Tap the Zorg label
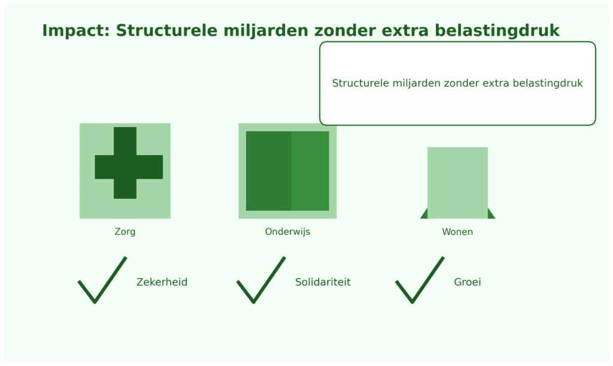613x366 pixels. coord(125,231)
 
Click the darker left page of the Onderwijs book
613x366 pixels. coord(269,171)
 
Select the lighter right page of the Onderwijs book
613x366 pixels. coord(310,171)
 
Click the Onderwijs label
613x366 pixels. coord(288,231)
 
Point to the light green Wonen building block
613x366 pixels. coord(457,183)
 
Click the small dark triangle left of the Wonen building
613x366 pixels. coord(424,214)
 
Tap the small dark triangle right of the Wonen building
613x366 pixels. coord(491,214)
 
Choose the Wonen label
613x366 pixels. coord(457,232)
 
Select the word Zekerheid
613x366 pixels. coord(162,282)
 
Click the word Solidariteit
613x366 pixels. coord(323,282)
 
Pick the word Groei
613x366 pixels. coord(468,282)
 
